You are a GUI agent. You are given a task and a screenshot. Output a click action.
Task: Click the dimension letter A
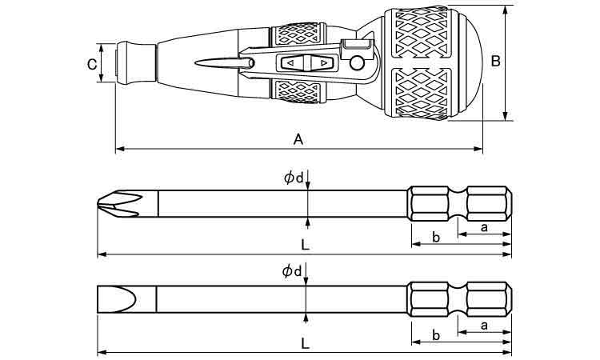click(x=298, y=140)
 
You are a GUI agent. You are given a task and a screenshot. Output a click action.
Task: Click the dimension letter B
click(x=495, y=61)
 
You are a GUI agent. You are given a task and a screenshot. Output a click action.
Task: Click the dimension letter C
click(x=92, y=65)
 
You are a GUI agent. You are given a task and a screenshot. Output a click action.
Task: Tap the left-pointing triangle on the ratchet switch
click(x=290, y=62)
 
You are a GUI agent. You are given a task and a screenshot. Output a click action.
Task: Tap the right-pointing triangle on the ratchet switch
click(x=324, y=62)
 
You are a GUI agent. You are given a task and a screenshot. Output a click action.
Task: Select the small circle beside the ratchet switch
click(x=357, y=63)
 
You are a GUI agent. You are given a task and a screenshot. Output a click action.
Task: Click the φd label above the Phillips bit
click(x=293, y=178)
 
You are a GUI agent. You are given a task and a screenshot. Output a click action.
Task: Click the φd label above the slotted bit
click(x=292, y=271)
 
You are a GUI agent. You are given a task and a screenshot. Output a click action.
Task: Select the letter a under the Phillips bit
click(x=484, y=227)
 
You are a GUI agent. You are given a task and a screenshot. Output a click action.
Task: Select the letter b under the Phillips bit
click(x=436, y=237)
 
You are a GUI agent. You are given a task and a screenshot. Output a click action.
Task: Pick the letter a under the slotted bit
click(x=484, y=326)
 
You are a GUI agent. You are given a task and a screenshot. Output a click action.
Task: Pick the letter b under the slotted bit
click(x=436, y=335)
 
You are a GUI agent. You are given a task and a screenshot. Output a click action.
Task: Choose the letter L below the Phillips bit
click(x=305, y=245)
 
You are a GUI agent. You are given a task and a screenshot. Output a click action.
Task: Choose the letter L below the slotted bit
click(x=305, y=343)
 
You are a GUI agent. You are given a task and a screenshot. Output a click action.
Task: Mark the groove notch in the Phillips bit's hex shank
click(x=458, y=204)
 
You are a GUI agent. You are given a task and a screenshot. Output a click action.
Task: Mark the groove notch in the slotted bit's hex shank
click(x=458, y=299)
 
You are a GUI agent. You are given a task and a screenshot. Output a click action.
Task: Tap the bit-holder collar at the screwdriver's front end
click(x=136, y=62)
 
